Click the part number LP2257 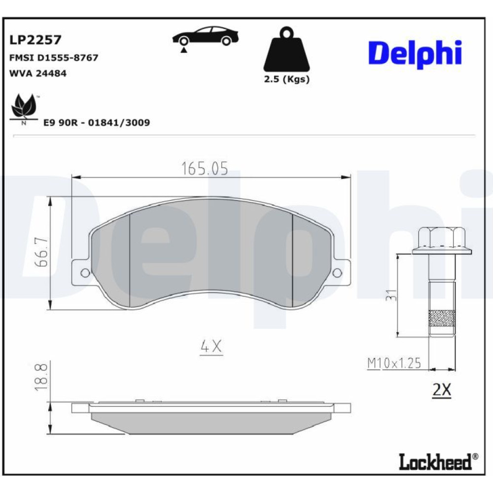click(x=35, y=40)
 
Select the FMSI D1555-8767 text click(x=54, y=58)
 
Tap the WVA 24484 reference click(x=38, y=73)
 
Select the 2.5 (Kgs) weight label click(x=287, y=79)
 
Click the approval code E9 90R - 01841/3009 click(x=97, y=122)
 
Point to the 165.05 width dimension click(x=205, y=169)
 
